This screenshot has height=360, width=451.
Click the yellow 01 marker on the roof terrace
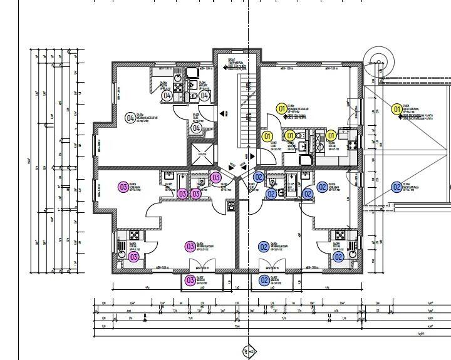(x=396, y=110)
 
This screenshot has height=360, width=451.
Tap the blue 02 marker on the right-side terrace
(x=396, y=187)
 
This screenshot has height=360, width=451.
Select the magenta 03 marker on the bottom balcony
(x=190, y=280)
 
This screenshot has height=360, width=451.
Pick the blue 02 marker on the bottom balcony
(x=264, y=280)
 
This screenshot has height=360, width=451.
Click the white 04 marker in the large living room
(x=130, y=118)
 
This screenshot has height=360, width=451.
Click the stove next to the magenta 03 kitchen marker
(x=133, y=236)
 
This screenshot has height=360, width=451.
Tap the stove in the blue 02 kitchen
(x=338, y=236)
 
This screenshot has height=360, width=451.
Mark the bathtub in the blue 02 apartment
(x=291, y=182)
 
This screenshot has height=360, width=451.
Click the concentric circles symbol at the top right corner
(x=378, y=61)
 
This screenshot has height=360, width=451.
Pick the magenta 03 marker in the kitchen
(x=133, y=257)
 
